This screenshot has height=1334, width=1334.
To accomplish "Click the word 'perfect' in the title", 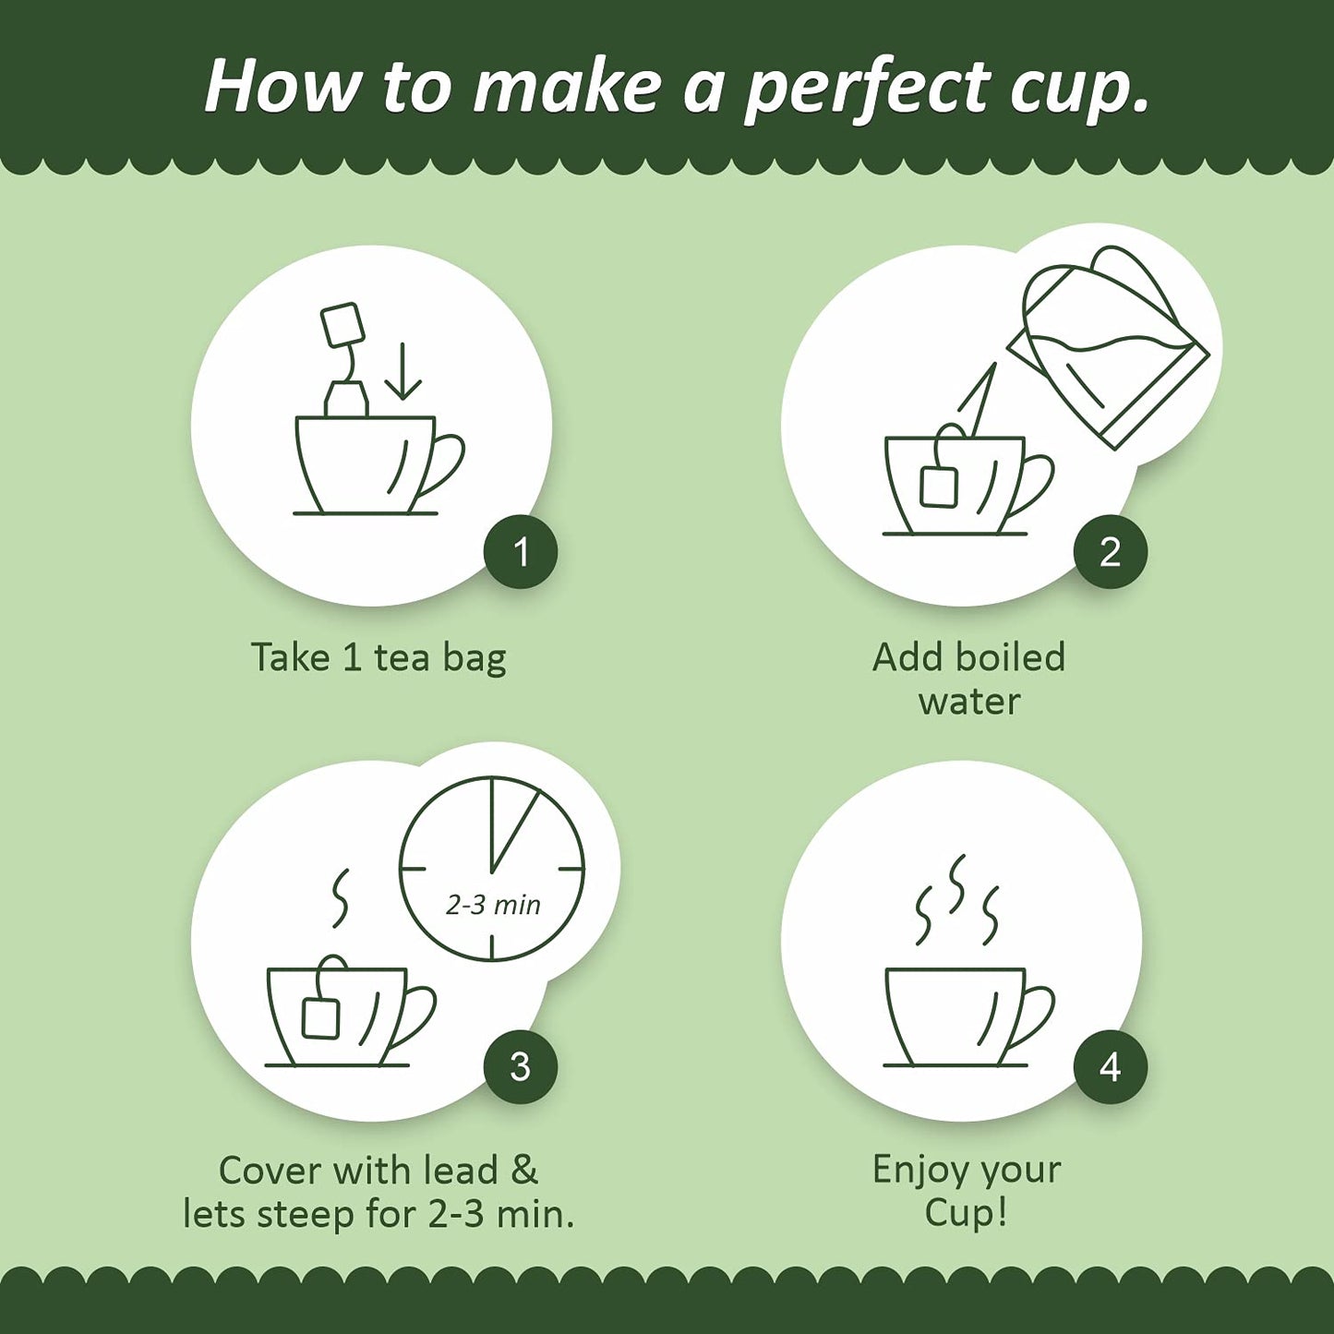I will coord(866,90).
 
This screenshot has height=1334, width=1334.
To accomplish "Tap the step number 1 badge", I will coord(521,552).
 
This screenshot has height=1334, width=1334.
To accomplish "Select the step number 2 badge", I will coord(1110,552).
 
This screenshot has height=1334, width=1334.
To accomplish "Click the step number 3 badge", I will coord(521,1066).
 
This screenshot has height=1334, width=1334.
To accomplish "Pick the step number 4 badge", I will coord(1110,1066).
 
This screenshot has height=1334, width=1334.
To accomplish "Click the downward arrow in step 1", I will coord(403,371).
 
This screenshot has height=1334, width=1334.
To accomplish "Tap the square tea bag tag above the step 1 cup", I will coord(343,324).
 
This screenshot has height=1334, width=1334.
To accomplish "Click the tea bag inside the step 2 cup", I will coord(939,485).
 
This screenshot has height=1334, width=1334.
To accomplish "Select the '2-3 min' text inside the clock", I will coord(493,905).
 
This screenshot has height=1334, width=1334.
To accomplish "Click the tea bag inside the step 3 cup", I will coord(320,1016).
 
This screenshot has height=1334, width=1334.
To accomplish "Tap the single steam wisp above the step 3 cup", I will coord(341,896).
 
